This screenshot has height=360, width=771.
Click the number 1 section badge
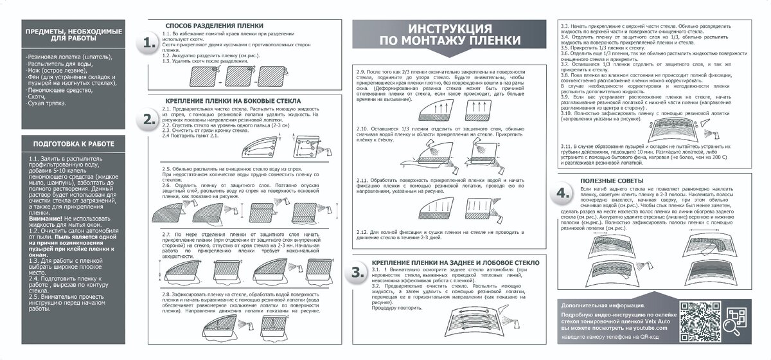(x=149, y=44)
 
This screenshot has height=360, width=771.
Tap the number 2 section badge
(x=149, y=120)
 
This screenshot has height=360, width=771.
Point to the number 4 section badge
(x=563, y=194)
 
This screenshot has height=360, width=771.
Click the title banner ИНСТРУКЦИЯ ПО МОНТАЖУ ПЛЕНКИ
(x=449, y=35)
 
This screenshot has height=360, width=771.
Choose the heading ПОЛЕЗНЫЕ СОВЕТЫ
(x=611, y=181)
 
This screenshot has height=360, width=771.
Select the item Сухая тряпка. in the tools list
(x=47, y=102)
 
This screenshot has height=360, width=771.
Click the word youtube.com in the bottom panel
(x=651, y=327)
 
